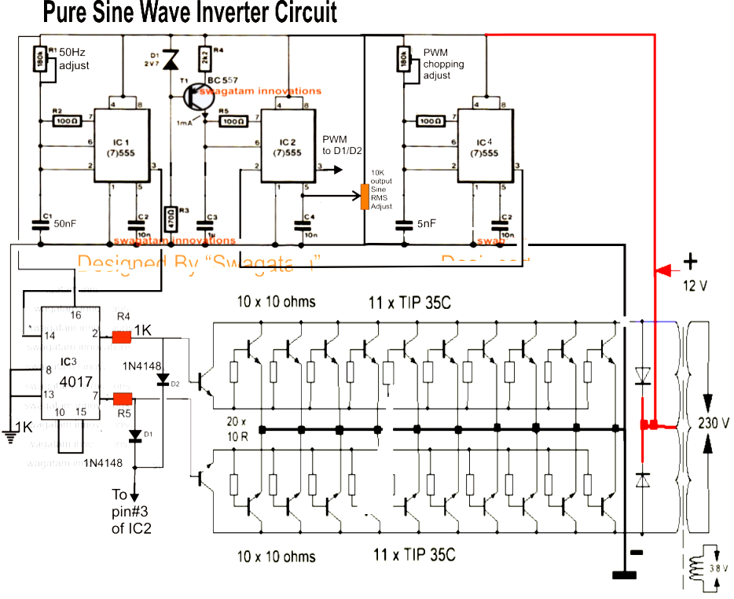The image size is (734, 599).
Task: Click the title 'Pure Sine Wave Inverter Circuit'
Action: pos(189,13)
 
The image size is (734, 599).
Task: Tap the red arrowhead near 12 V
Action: pos(662,271)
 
